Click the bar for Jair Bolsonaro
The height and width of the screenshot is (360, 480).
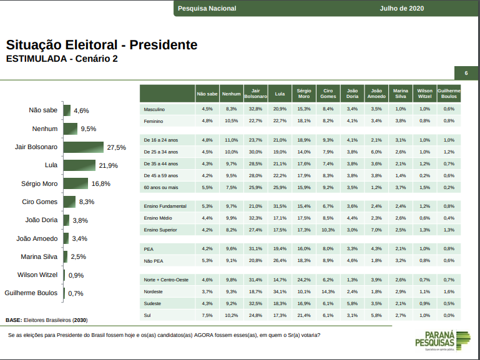point(83,147)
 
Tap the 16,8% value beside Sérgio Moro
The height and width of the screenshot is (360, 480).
point(100,183)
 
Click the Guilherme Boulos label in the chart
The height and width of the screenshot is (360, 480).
point(31,293)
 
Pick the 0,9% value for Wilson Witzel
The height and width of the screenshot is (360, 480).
point(76,275)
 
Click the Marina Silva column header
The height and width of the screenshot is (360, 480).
point(401,94)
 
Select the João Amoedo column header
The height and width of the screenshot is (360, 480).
point(376,94)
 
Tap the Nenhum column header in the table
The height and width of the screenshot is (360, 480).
point(231,94)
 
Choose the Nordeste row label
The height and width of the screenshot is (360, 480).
point(153,291)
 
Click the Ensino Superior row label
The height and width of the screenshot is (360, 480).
point(160,230)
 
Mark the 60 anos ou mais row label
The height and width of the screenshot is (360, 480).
point(161,187)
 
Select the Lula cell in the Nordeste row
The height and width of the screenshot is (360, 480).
point(280,291)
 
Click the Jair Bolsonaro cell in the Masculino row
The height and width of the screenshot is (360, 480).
point(255,109)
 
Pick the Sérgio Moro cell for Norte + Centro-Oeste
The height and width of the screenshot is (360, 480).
point(304,280)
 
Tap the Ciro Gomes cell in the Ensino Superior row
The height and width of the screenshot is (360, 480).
point(328,230)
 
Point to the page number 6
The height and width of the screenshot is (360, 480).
point(466,73)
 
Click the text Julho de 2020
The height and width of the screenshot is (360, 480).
point(401,8)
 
